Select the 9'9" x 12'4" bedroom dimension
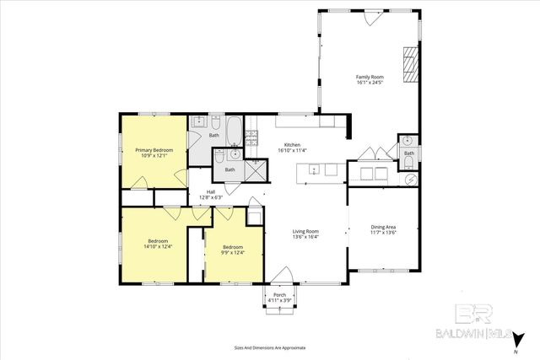coord(233,253)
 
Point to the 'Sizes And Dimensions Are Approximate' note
coord(270,347)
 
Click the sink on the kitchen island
coord(312,169)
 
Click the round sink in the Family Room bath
coord(406,140)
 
